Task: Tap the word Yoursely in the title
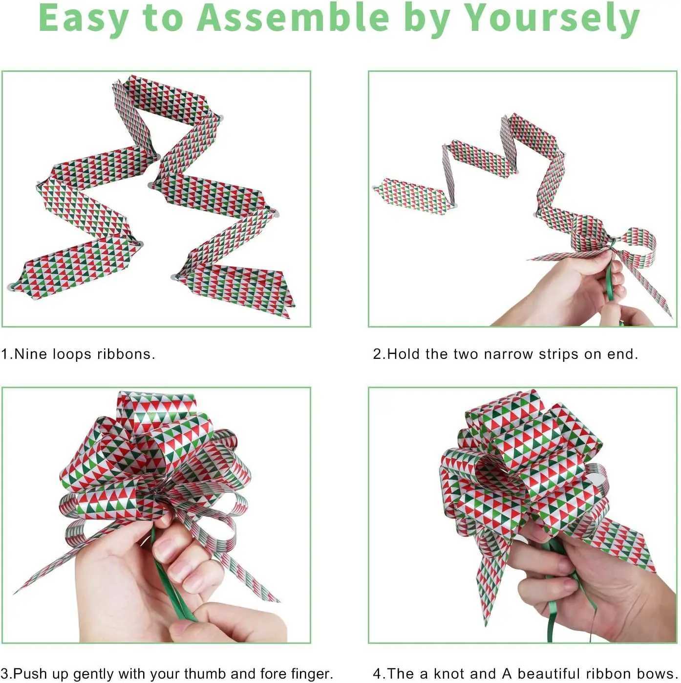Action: (552, 19)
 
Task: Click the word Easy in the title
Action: (83, 19)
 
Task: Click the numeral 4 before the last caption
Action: (377, 673)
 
